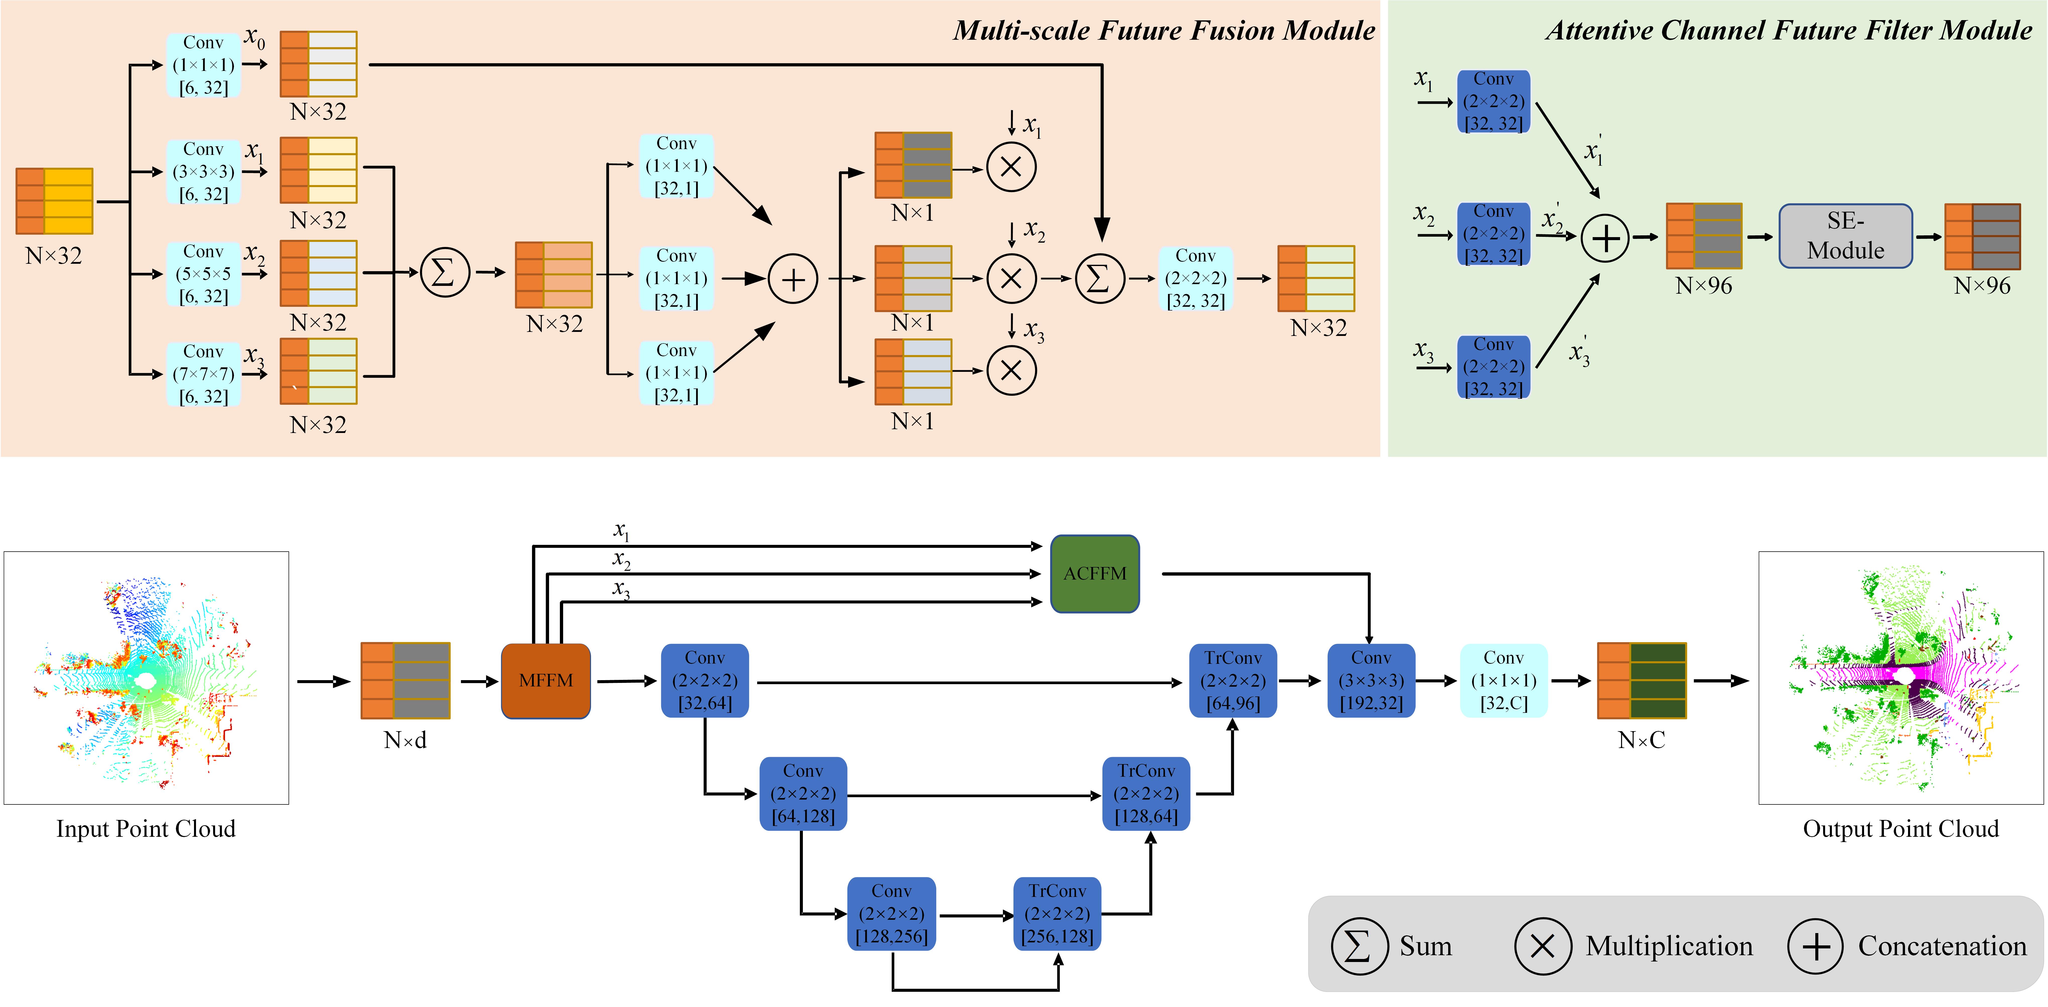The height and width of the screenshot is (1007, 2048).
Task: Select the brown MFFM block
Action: pyautogui.click(x=545, y=681)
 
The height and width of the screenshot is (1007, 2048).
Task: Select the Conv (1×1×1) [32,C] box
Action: pyautogui.click(x=1503, y=681)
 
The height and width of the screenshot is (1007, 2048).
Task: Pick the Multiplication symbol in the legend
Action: pyautogui.click(x=1542, y=946)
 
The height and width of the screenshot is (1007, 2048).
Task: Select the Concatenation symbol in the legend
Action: pyautogui.click(x=1815, y=946)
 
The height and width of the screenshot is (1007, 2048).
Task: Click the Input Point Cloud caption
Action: pyautogui.click(x=145, y=829)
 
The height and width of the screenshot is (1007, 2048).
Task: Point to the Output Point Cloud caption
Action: pyautogui.click(x=1900, y=829)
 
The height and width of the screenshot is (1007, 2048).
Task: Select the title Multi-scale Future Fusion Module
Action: pyautogui.click(x=1164, y=30)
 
